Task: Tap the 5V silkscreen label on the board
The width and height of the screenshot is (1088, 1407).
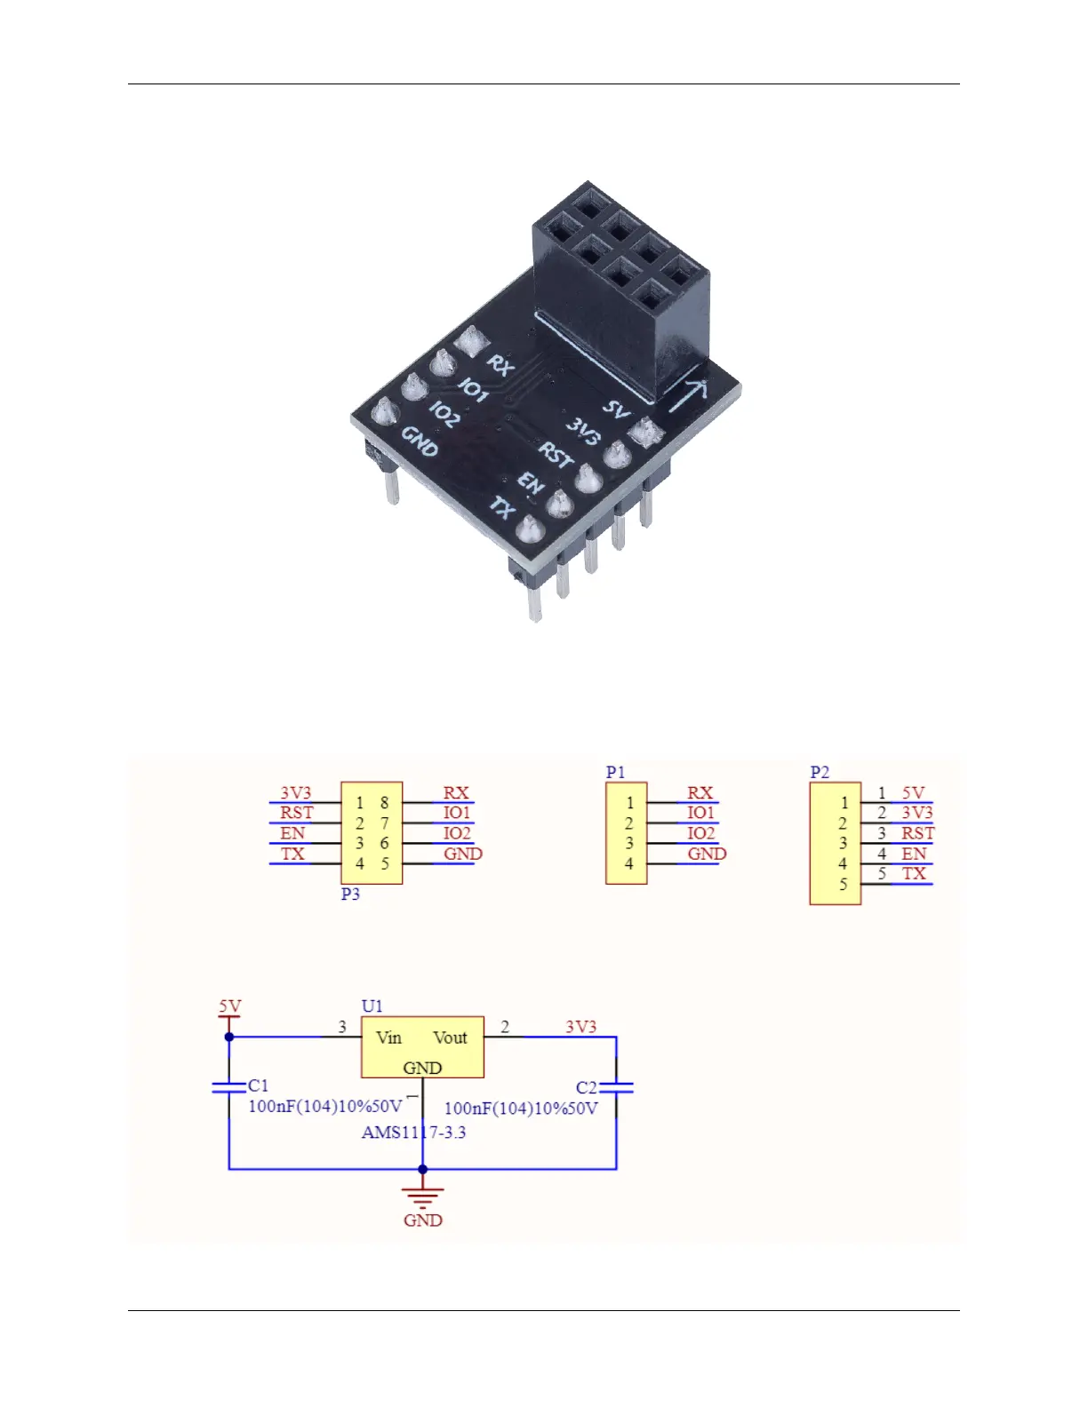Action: pyautogui.click(x=616, y=409)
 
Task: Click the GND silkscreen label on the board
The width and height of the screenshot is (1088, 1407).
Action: pyautogui.click(x=420, y=441)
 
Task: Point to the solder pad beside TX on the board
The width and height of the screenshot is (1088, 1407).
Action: pyautogui.click(x=528, y=531)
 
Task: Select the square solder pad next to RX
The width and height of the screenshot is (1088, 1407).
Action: pyautogui.click(x=468, y=339)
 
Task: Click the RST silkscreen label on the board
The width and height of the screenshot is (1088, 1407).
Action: pyautogui.click(x=556, y=456)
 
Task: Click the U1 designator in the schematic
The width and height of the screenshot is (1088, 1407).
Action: pyautogui.click(x=372, y=1006)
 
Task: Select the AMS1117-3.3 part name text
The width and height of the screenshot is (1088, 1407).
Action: pyautogui.click(x=413, y=1133)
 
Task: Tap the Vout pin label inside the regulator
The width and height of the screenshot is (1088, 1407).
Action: pyautogui.click(x=450, y=1037)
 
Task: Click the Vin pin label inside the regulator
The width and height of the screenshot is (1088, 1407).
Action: pyautogui.click(x=388, y=1037)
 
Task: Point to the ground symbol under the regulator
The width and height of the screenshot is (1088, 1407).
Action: pyautogui.click(x=422, y=1197)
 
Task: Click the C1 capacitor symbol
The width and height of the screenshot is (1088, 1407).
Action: pyautogui.click(x=229, y=1087)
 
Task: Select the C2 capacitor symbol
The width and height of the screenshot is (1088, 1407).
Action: pyautogui.click(x=616, y=1087)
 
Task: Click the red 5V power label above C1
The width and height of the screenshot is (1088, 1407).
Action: pyautogui.click(x=229, y=1006)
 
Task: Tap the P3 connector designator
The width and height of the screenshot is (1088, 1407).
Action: pyautogui.click(x=350, y=894)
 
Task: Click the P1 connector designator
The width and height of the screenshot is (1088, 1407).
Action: pyautogui.click(x=615, y=772)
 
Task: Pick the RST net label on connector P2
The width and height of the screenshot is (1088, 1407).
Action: pyautogui.click(x=917, y=833)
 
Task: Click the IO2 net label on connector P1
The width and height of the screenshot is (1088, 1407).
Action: pyautogui.click(x=700, y=833)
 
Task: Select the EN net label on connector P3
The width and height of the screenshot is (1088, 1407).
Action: pyautogui.click(x=292, y=833)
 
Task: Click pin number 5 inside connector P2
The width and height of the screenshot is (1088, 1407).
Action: pyautogui.click(x=843, y=884)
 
